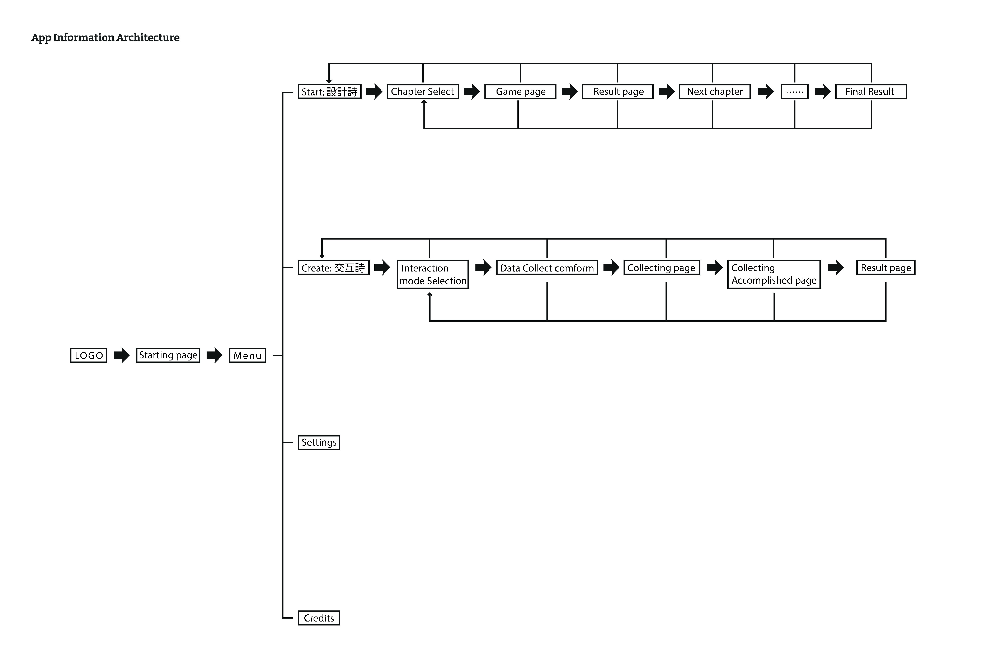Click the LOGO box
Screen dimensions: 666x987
coord(88,355)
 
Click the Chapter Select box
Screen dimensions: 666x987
coord(423,92)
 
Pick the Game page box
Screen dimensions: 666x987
coord(520,92)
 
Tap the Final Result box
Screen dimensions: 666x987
coord(871,92)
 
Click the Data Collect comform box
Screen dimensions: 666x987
coord(547,268)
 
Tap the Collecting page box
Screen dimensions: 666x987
coord(661,268)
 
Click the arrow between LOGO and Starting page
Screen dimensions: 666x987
coord(121,355)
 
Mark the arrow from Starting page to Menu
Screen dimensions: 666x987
coord(215,355)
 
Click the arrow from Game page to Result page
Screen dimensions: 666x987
coord(569,92)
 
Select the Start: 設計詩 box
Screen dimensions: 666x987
coord(329,92)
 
